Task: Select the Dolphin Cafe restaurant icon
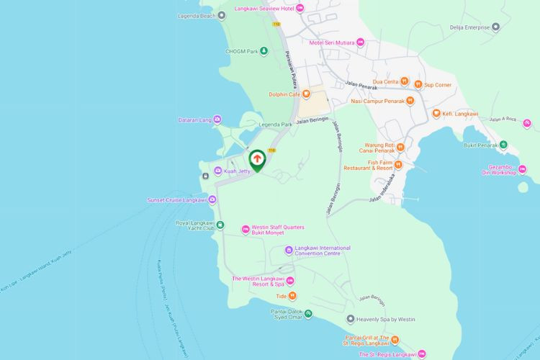(306, 94)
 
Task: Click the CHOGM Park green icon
(264, 50)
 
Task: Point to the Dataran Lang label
(194, 120)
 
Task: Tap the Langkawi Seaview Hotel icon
(300, 8)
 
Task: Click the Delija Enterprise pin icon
(495, 27)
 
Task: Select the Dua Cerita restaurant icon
(405, 82)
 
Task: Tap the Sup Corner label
(437, 84)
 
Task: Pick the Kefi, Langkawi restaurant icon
(436, 114)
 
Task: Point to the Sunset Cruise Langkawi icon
(212, 200)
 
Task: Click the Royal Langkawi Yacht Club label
(195, 226)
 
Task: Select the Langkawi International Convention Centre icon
(289, 251)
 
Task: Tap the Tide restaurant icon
(292, 296)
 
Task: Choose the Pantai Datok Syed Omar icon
(308, 313)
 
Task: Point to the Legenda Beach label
(197, 15)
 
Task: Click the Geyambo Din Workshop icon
(522, 169)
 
